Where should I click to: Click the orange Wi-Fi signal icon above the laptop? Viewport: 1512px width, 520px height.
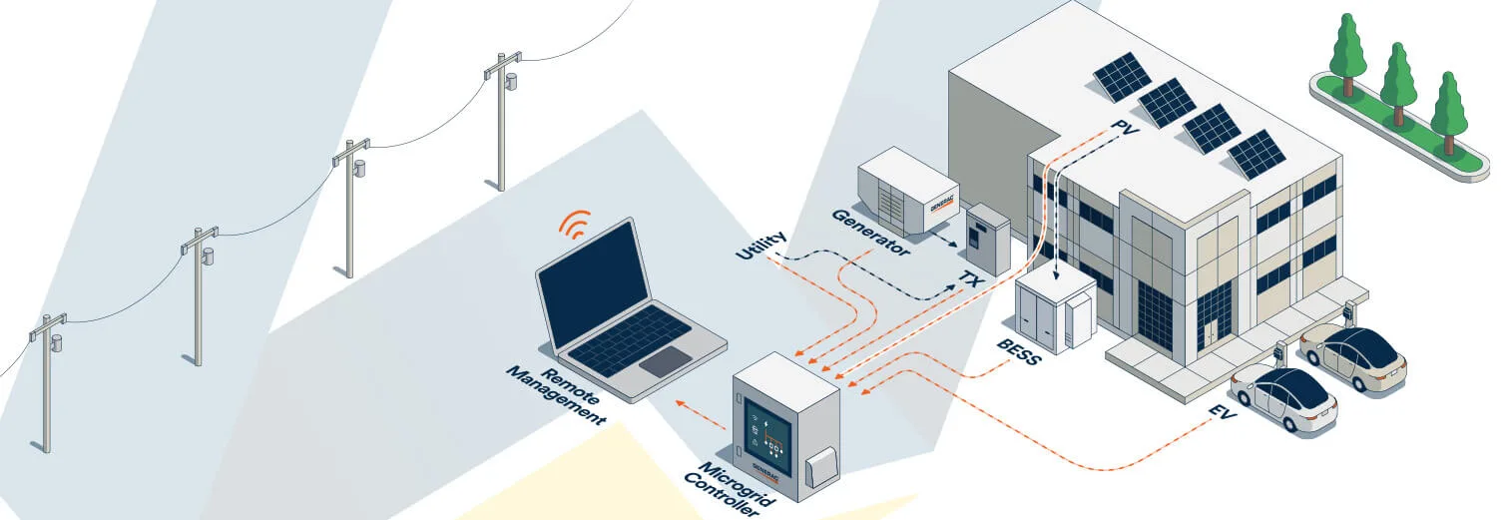pos(574,225)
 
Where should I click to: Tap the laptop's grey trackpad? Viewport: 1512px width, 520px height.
pos(664,361)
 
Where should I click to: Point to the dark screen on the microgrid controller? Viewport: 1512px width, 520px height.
pos(766,434)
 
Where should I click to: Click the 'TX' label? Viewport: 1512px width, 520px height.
pos(969,277)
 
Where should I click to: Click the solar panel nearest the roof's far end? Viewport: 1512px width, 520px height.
pos(1122,75)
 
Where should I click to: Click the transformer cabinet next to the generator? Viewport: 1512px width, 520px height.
pos(987,239)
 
